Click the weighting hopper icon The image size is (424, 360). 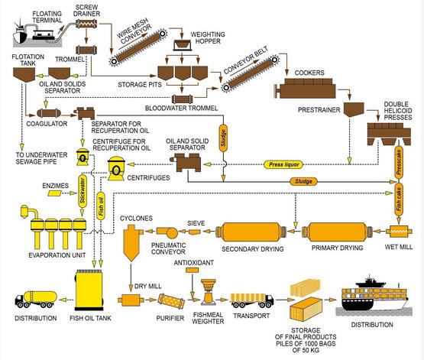click(182, 44)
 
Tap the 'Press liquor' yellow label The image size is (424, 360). click(283, 164)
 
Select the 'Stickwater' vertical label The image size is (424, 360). click(83, 190)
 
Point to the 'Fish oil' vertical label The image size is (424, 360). click(101, 206)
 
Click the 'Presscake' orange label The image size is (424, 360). click(398, 162)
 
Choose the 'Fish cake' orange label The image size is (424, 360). click(399, 199)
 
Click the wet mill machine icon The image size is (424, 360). click(399, 232)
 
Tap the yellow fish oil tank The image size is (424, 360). click(89, 290)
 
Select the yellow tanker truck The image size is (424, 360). click(36, 299)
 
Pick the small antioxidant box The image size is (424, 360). click(193, 270)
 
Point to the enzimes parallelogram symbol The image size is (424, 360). click(55, 193)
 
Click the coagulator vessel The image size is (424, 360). click(49, 113)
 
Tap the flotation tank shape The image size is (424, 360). click(24, 74)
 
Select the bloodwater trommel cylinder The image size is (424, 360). click(183, 99)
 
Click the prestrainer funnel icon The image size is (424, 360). click(354, 109)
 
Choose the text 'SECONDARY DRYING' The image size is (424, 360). click(253, 249)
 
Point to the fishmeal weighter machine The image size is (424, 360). click(208, 291)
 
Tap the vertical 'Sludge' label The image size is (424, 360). click(223, 138)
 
